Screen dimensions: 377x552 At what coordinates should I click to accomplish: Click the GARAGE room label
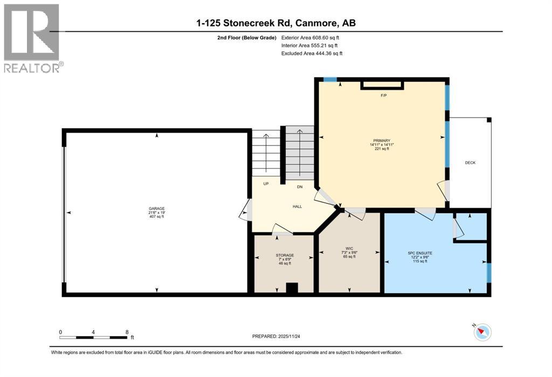pyautogui.click(x=157, y=209)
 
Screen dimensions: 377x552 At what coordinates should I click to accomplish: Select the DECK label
pyautogui.click(x=470, y=162)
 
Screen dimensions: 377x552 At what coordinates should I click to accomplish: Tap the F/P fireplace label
pyautogui.click(x=384, y=95)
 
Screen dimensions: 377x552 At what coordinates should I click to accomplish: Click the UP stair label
pyautogui.click(x=266, y=184)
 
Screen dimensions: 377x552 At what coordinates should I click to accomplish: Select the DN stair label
pyautogui.click(x=299, y=187)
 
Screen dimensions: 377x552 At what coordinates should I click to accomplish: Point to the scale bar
pyautogui.click(x=94, y=337)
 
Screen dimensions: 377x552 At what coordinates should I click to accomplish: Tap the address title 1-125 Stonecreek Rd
pyautogui.click(x=276, y=23)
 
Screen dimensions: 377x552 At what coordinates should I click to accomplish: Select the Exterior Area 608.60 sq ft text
pyautogui.click(x=310, y=38)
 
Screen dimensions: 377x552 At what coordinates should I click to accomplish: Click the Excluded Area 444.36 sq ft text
pyautogui.click(x=312, y=53)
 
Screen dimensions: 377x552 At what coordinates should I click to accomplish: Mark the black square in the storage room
pyautogui.click(x=292, y=288)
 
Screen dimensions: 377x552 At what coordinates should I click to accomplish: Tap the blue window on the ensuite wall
pyautogui.click(x=489, y=272)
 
